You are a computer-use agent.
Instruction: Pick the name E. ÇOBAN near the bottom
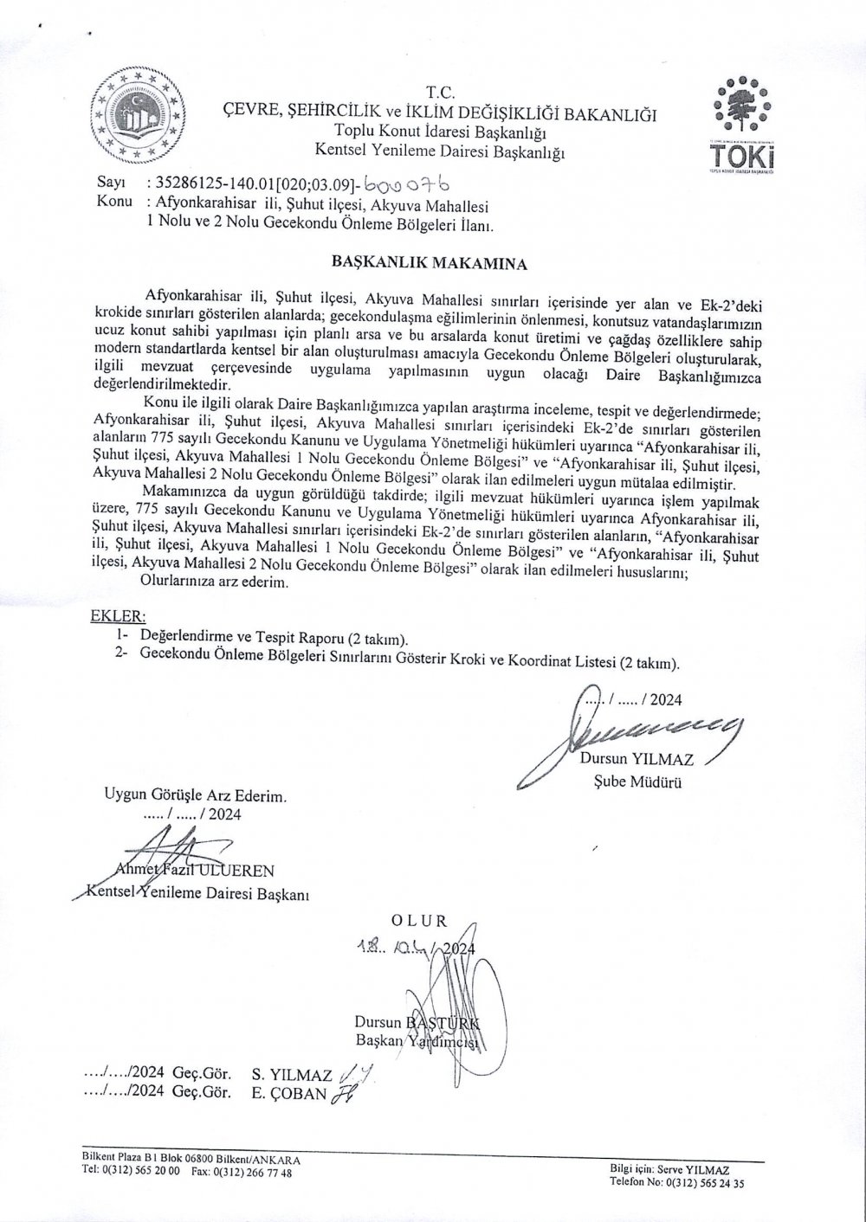point(290,1093)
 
